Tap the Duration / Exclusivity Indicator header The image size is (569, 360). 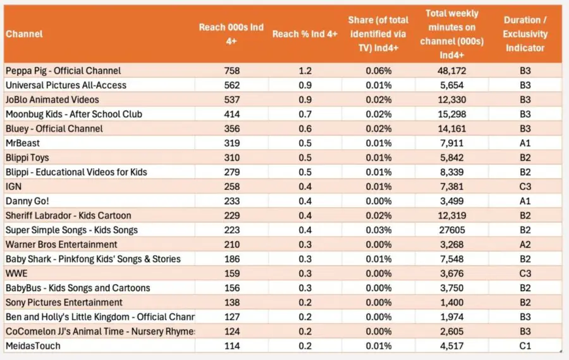(x=525, y=34)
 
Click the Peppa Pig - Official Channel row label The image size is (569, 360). (x=63, y=70)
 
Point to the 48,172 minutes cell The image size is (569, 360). (x=451, y=70)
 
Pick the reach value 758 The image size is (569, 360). (x=232, y=70)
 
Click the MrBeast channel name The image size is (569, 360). (x=23, y=143)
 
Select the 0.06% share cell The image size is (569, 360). (x=379, y=70)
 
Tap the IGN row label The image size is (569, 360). (x=13, y=187)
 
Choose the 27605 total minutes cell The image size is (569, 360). (x=451, y=230)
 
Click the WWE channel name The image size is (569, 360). (x=16, y=273)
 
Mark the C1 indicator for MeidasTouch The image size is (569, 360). (x=525, y=345)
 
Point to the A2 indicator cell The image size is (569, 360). (x=525, y=244)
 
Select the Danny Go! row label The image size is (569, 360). (x=28, y=201)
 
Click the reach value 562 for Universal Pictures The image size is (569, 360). (x=232, y=85)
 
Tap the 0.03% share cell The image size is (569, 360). (x=379, y=230)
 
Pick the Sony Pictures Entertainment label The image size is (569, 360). (x=64, y=302)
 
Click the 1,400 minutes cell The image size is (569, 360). (x=452, y=302)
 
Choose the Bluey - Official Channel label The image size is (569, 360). (x=54, y=128)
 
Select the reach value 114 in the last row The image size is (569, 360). (x=232, y=345)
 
